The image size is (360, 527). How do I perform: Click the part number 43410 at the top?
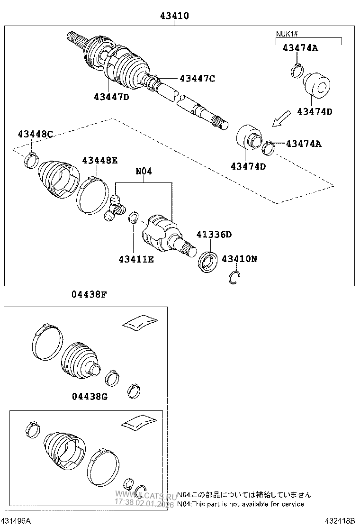point(174,16)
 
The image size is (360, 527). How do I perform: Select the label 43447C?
point(197,79)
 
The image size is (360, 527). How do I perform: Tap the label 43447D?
point(111,97)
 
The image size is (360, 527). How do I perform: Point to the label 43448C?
point(35,134)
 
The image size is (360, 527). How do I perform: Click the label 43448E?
point(99,160)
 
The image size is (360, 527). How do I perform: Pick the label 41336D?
point(214,235)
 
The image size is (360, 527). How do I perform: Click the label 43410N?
point(239,259)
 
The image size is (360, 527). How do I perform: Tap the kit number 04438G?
point(90,396)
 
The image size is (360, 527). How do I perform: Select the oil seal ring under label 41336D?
point(207,263)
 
